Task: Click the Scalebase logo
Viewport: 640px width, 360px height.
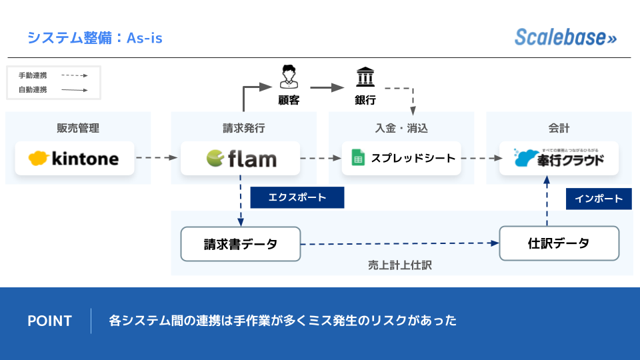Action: tap(565, 37)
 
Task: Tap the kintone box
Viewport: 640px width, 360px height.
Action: tap(75, 159)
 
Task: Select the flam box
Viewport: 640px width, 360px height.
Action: tap(241, 159)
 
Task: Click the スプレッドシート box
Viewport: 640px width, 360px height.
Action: tap(401, 159)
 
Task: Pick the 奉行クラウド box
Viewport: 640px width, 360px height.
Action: tap(559, 159)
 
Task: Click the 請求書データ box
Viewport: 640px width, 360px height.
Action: tap(241, 244)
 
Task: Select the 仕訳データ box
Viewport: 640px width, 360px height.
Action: tap(559, 243)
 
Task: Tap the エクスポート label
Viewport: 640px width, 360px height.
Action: tap(297, 197)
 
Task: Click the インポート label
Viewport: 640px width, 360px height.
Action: tap(599, 199)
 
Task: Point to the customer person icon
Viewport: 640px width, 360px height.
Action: tap(289, 77)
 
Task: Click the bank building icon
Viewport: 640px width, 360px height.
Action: tap(365, 77)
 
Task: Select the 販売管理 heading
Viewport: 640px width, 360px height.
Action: tap(78, 129)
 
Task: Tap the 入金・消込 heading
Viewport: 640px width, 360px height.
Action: tap(401, 129)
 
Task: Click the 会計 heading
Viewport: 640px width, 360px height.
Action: tap(559, 129)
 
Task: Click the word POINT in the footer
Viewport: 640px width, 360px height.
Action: tap(49, 321)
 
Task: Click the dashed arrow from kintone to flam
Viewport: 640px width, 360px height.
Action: tap(157, 159)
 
